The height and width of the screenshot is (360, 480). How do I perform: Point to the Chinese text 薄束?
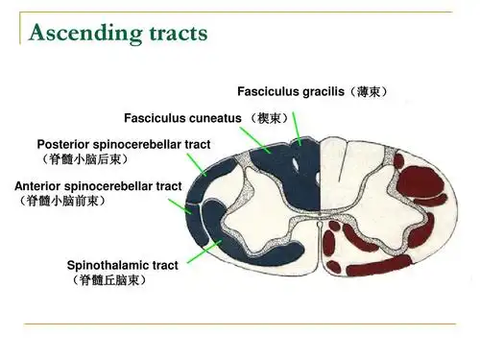[369, 92]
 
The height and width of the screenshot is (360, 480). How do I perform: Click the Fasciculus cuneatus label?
[183, 118]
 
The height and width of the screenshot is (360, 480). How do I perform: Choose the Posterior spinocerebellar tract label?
[124, 144]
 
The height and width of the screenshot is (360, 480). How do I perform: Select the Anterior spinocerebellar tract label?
[98, 185]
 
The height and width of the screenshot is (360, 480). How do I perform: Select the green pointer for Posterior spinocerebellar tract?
[197, 164]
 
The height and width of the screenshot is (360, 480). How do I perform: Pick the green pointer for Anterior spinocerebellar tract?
[180, 205]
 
